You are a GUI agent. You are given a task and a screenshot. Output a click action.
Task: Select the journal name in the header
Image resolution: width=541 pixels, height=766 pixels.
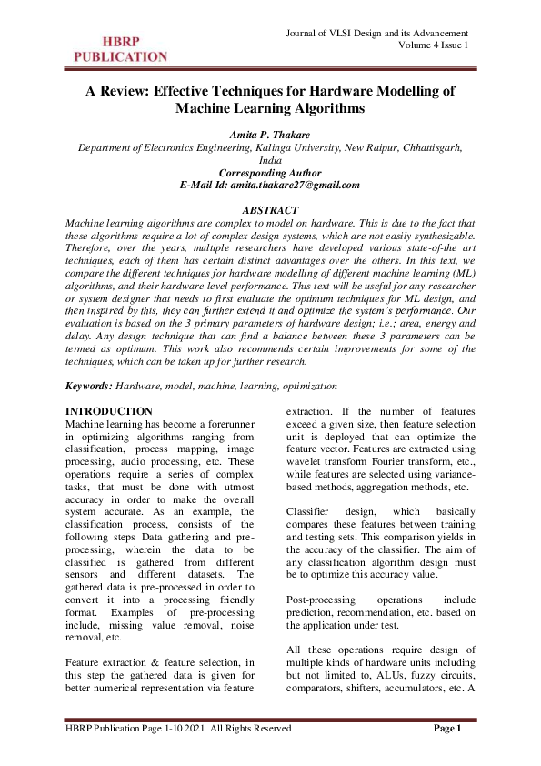tap(376, 34)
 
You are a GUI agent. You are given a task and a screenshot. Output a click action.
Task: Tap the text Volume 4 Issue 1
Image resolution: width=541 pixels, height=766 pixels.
tap(433, 45)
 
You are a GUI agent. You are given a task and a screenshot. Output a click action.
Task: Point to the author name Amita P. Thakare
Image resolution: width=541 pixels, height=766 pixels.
tap(270, 133)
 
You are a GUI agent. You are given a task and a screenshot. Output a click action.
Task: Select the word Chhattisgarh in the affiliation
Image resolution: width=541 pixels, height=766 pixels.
tap(428, 146)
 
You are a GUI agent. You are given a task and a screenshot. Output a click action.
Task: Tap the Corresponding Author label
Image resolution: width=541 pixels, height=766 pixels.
tap(270, 172)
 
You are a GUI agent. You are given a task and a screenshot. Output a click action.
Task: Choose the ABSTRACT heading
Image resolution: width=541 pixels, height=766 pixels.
tap(270, 210)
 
